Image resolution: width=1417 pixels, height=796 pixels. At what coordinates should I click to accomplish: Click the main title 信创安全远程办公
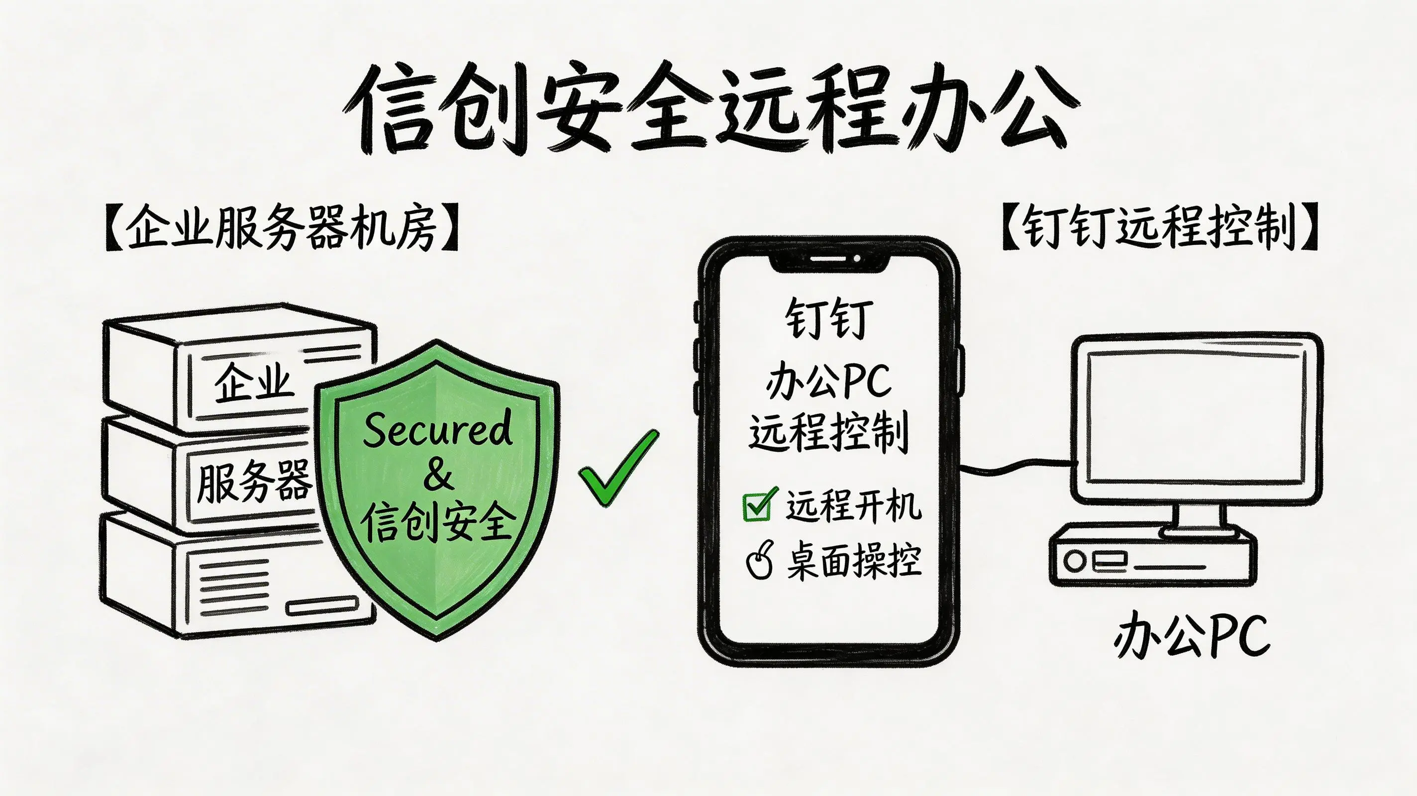tap(709, 110)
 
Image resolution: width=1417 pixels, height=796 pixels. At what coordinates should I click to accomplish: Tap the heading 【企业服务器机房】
tap(281, 228)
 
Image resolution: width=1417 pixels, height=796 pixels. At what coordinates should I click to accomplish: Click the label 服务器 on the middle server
tap(254, 482)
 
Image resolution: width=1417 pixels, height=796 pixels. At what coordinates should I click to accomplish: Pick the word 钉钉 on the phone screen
tap(828, 319)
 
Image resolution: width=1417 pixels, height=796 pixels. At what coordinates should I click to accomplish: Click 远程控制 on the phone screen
tap(828, 432)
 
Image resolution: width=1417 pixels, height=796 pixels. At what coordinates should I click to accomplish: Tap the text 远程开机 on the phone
tap(853, 505)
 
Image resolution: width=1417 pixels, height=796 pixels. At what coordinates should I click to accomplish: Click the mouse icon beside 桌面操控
tap(760, 561)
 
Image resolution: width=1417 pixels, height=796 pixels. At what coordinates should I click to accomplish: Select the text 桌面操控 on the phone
tap(854, 561)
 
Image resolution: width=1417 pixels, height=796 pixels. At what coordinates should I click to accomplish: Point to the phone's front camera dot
tap(856, 258)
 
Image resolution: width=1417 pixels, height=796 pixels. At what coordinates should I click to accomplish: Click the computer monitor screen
tap(1196, 418)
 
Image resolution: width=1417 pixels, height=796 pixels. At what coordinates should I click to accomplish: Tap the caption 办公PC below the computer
tap(1192, 638)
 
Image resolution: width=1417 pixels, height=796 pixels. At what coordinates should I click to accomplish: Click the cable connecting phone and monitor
tap(1017, 468)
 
